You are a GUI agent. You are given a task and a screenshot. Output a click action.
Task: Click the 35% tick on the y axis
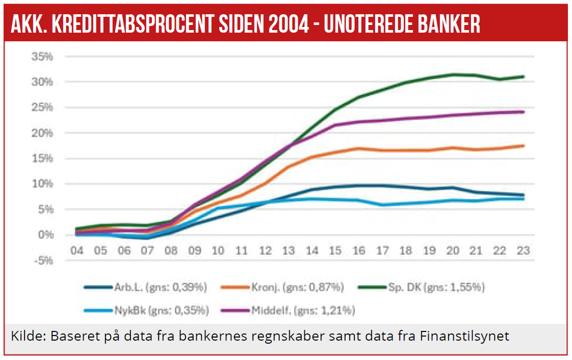(x=42, y=57)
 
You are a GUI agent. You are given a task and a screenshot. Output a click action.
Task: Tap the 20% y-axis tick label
(x=42, y=133)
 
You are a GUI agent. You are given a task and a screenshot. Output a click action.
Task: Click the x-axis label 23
(x=523, y=251)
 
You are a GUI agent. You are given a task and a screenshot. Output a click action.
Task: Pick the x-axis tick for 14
(x=313, y=251)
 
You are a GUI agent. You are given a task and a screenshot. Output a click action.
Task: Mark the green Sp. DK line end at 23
(x=523, y=77)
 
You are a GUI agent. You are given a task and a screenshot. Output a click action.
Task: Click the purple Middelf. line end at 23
(x=523, y=112)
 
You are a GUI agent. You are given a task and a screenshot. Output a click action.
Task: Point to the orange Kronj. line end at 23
(x=523, y=146)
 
